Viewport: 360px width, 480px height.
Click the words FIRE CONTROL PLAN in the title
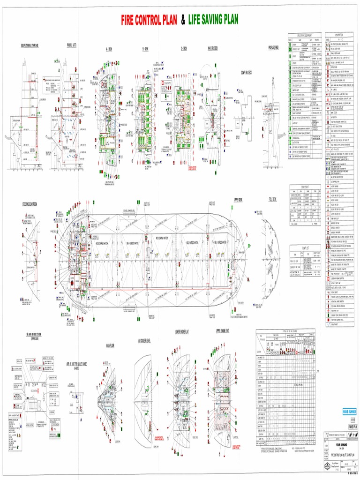(149, 20)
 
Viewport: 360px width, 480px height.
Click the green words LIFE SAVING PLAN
(213, 20)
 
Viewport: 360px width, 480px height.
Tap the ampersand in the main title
(183, 20)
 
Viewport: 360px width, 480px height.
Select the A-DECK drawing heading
(109, 48)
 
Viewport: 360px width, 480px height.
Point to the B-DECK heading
(146, 48)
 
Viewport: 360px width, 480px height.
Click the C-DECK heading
(183, 48)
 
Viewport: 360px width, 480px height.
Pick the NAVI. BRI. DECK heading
(212, 48)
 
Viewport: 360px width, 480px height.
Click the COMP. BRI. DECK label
(246, 72)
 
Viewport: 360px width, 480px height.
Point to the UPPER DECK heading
(238, 199)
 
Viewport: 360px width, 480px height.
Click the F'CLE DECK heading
(272, 199)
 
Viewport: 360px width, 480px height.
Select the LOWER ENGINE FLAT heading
(182, 331)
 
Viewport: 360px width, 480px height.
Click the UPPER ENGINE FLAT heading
(225, 331)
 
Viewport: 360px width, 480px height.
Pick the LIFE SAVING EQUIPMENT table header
(305, 36)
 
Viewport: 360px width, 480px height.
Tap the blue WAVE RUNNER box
(349, 411)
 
